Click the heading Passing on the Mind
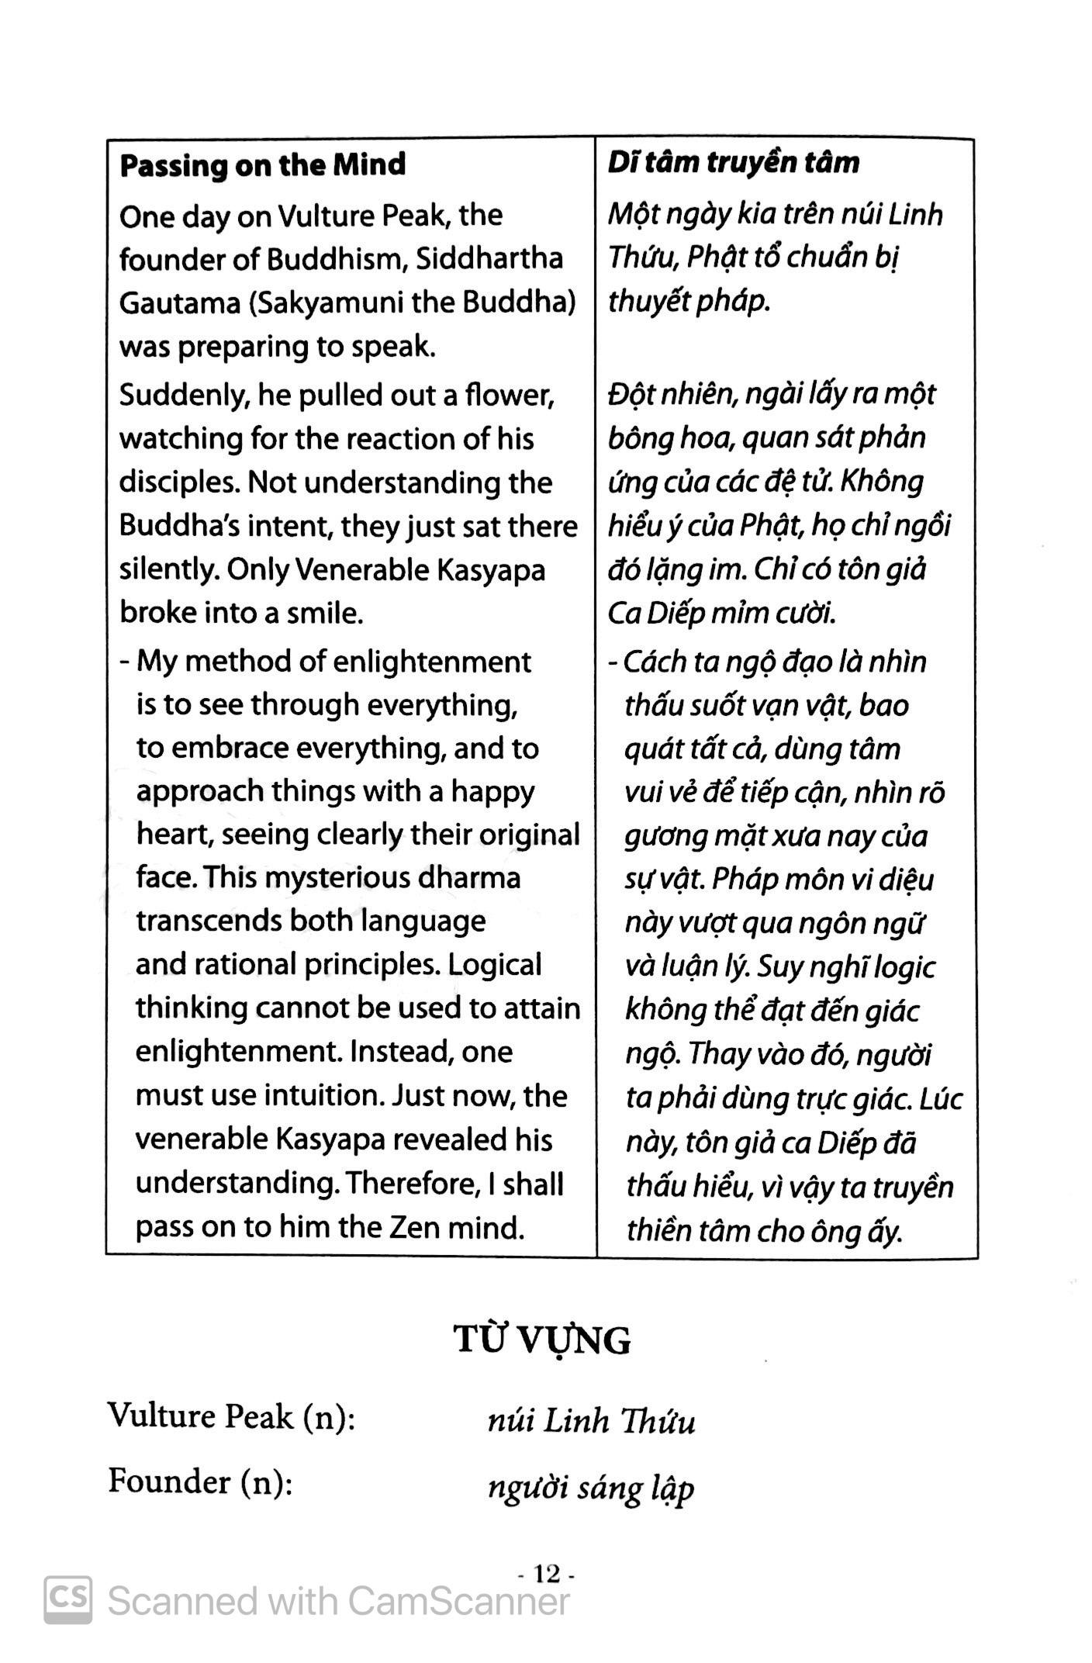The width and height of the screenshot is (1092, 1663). [262, 164]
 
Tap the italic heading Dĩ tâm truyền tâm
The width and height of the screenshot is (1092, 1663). [733, 162]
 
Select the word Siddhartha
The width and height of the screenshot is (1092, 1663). [489, 258]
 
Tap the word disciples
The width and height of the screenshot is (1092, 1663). [178, 482]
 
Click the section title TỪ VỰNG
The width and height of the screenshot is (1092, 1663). [542, 1340]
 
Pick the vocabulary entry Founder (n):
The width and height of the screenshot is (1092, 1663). [200, 1481]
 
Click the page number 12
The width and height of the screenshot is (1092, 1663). [546, 1574]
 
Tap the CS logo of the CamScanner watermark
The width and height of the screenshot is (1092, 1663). [68, 1601]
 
